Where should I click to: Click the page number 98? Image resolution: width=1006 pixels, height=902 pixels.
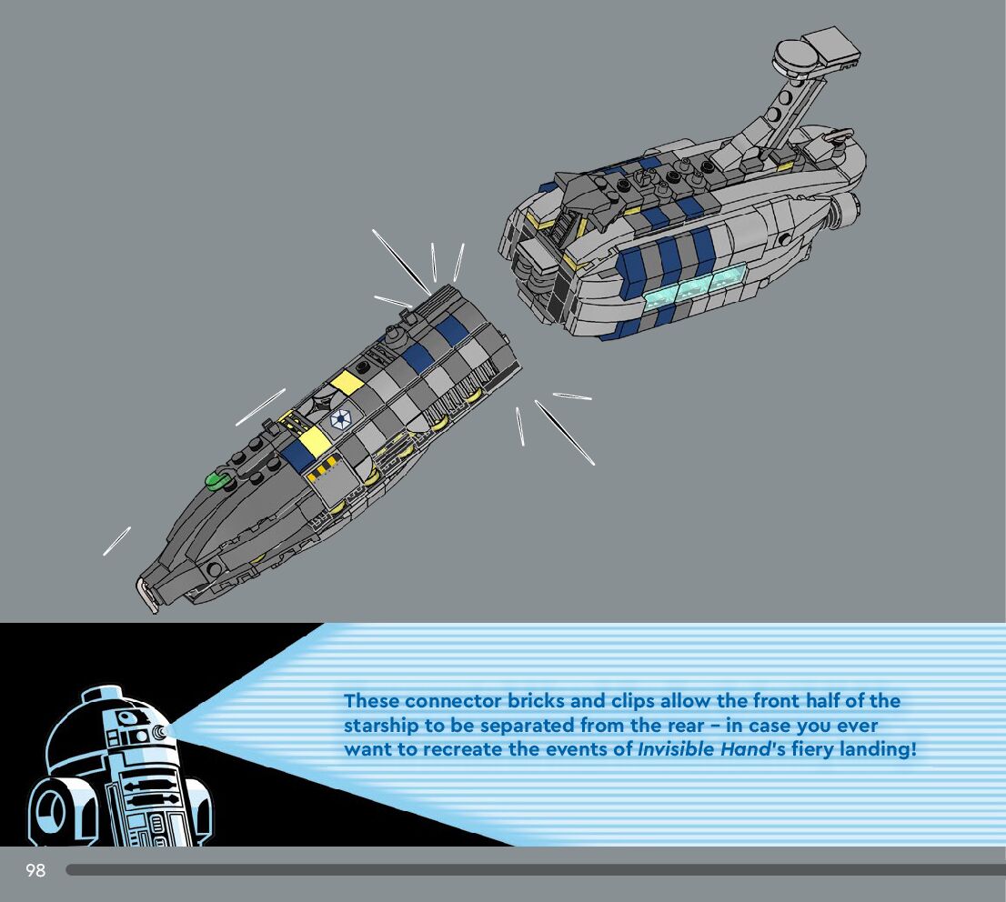(x=35, y=870)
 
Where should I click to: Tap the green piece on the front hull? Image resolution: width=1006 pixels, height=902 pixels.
(x=218, y=479)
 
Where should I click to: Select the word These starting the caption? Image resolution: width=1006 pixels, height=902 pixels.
(x=371, y=701)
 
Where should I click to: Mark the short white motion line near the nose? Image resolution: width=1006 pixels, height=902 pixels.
(x=116, y=541)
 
